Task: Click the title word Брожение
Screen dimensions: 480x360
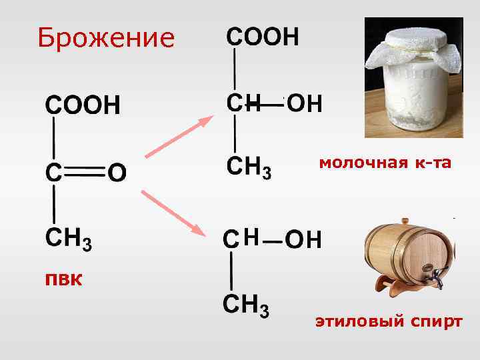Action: click(106, 38)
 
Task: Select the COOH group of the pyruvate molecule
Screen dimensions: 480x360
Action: click(83, 105)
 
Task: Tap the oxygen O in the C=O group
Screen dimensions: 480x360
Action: click(117, 173)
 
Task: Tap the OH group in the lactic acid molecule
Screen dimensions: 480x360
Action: click(305, 103)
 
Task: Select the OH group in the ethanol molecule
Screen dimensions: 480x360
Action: click(303, 239)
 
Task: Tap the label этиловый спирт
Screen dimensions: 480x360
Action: click(389, 322)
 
